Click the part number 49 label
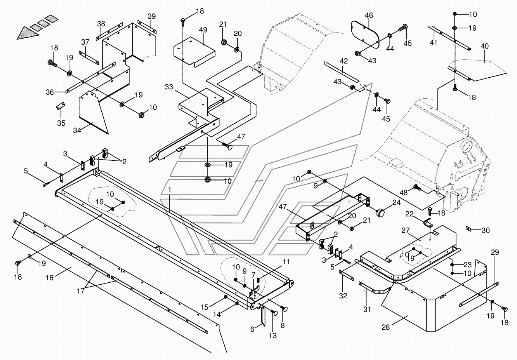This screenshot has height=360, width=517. (203, 30)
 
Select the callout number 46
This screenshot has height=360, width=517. (369, 16)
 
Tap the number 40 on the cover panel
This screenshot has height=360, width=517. (485, 46)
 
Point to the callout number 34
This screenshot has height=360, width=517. (77, 130)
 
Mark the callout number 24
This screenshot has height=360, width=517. (396, 202)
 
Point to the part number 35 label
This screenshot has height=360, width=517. (61, 123)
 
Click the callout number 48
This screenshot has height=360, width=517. (404, 192)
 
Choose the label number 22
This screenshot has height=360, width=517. (409, 214)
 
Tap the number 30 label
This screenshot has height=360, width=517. (486, 230)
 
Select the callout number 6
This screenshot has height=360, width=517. (253, 329)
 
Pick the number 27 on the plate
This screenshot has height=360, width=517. (406, 231)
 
